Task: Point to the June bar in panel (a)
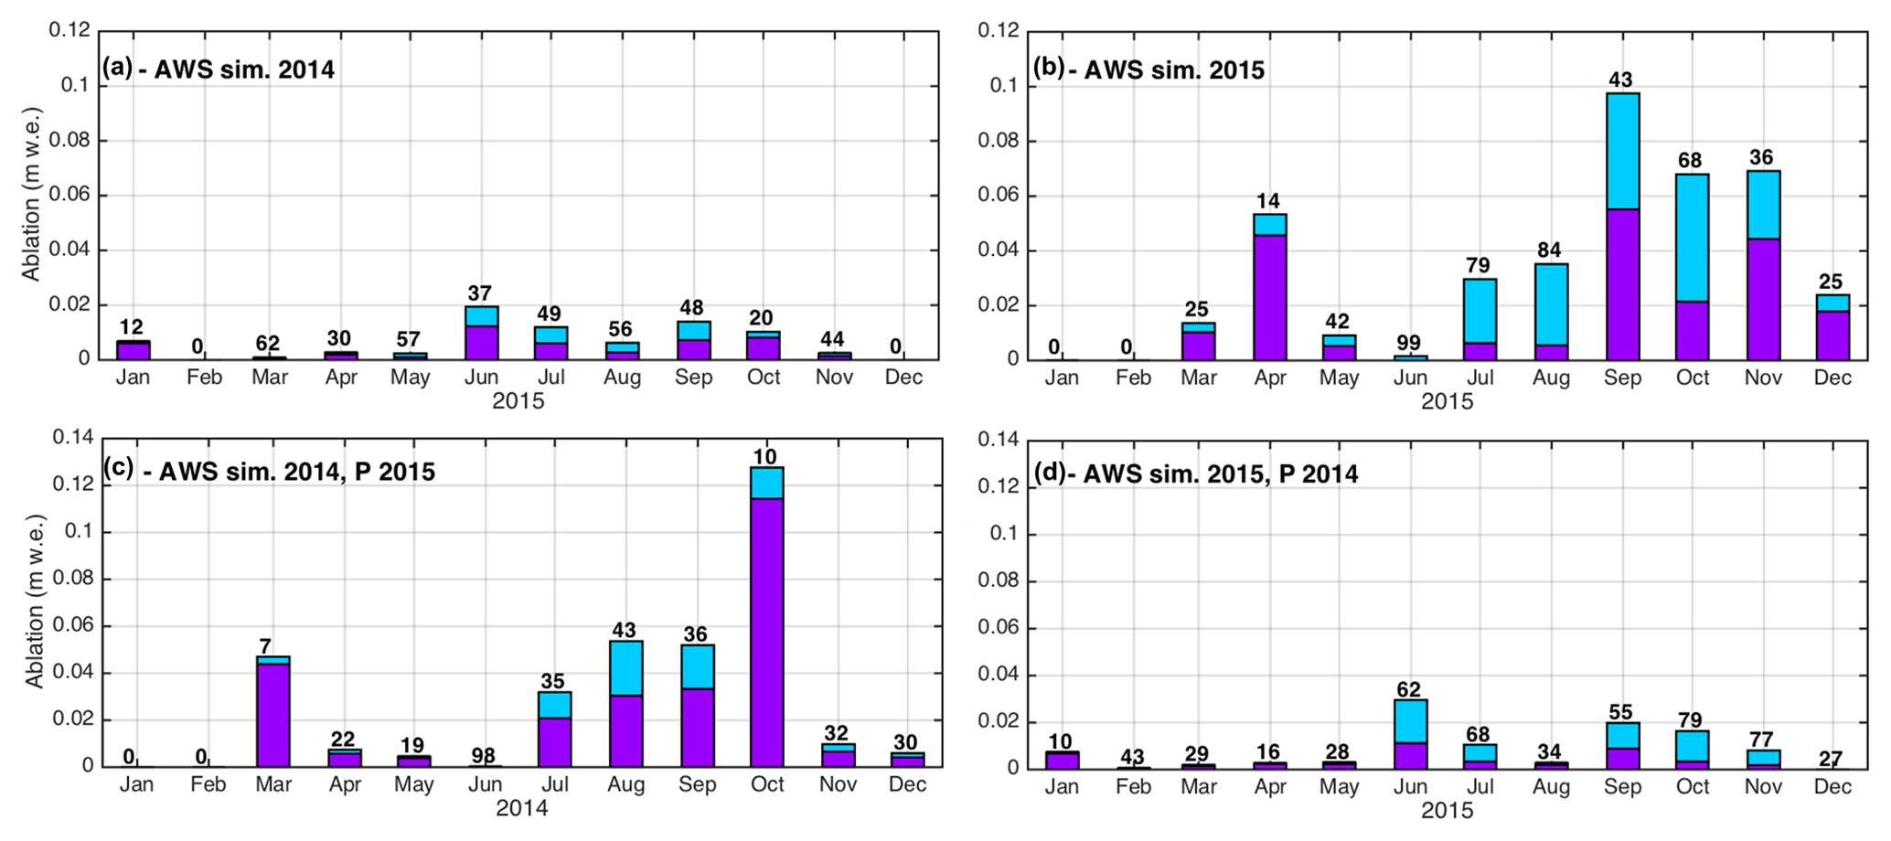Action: click(481, 333)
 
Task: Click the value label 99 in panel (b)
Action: click(1410, 344)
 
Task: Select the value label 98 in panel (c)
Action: click(483, 756)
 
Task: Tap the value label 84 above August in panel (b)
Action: click(1549, 250)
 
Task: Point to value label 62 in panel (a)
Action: click(268, 344)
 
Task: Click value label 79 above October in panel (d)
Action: click(1690, 719)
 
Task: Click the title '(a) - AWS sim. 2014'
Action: click(219, 69)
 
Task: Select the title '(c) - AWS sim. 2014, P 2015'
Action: click(269, 471)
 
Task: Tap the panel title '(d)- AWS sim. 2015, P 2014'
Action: click(1195, 474)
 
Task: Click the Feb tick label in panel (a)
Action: click(204, 378)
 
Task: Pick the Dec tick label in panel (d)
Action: click(1832, 787)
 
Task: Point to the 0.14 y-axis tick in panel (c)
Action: click(73, 438)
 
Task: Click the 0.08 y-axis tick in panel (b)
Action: click(999, 141)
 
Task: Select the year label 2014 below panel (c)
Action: click(521, 808)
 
